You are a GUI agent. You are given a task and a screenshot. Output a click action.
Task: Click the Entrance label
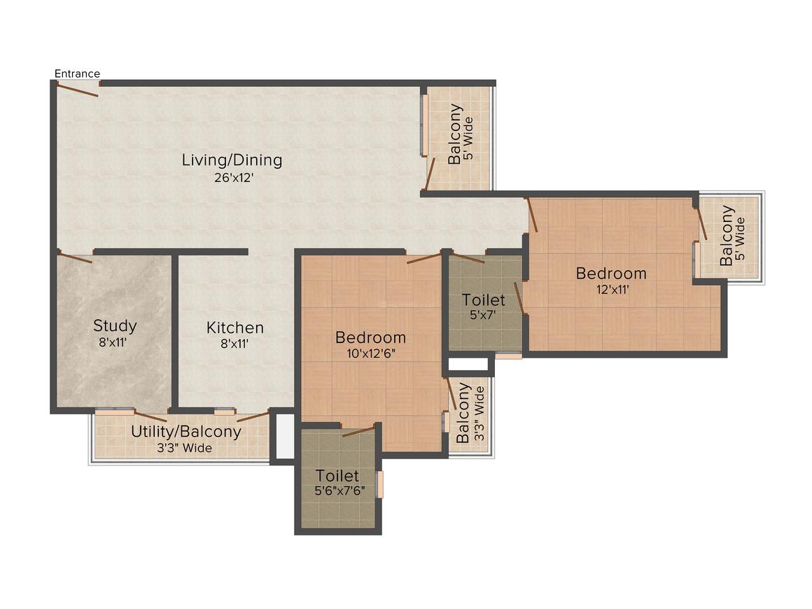tap(77, 73)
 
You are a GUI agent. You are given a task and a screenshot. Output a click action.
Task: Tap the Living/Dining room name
tap(232, 160)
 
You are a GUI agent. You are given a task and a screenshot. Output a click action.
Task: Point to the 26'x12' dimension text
tap(233, 178)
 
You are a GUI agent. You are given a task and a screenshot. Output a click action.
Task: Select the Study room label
tap(115, 325)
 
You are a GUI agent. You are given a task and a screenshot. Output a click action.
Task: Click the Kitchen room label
tap(234, 327)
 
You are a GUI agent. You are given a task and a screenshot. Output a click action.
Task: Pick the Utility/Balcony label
tap(185, 431)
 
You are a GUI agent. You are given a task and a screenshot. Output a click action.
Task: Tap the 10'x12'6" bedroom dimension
tap(370, 353)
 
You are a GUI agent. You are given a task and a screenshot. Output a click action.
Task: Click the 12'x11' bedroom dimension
tap(611, 289)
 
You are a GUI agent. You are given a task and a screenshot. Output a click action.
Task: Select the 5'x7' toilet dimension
tap(483, 315)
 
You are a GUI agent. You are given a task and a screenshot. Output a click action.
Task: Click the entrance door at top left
tap(78, 88)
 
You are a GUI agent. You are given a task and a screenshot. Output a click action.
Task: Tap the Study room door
tap(75, 258)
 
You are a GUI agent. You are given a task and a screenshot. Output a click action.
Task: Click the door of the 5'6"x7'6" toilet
tap(358, 431)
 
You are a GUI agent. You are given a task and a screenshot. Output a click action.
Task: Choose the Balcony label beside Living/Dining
tap(455, 134)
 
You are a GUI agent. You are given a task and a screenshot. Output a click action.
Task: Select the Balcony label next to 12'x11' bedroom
tap(727, 235)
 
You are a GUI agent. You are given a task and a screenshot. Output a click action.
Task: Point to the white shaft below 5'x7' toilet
tap(468, 364)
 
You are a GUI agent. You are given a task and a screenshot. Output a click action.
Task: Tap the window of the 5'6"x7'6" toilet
tap(380, 484)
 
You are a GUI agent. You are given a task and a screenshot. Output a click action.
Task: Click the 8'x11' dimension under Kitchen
tap(234, 344)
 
